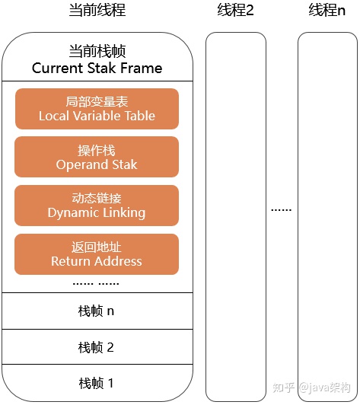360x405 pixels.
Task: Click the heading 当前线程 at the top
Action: click(97, 11)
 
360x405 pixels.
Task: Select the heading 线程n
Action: click(328, 11)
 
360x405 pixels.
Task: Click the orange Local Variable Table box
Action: click(97, 109)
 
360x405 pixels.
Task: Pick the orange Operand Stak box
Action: click(97, 157)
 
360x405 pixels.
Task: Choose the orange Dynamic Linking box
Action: click(97, 206)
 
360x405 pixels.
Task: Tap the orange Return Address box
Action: click(97, 254)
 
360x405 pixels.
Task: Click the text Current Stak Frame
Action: click(97, 69)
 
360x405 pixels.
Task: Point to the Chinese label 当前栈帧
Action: click(97, 51)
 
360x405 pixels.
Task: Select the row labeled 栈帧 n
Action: click(97, 311)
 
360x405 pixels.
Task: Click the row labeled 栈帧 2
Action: click(97, 348)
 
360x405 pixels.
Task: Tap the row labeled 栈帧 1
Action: click(97, 383)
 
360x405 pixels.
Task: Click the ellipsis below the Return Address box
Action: click(97, 282)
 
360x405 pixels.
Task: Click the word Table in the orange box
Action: click(137, 116)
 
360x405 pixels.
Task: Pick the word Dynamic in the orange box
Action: click(72, 213)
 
